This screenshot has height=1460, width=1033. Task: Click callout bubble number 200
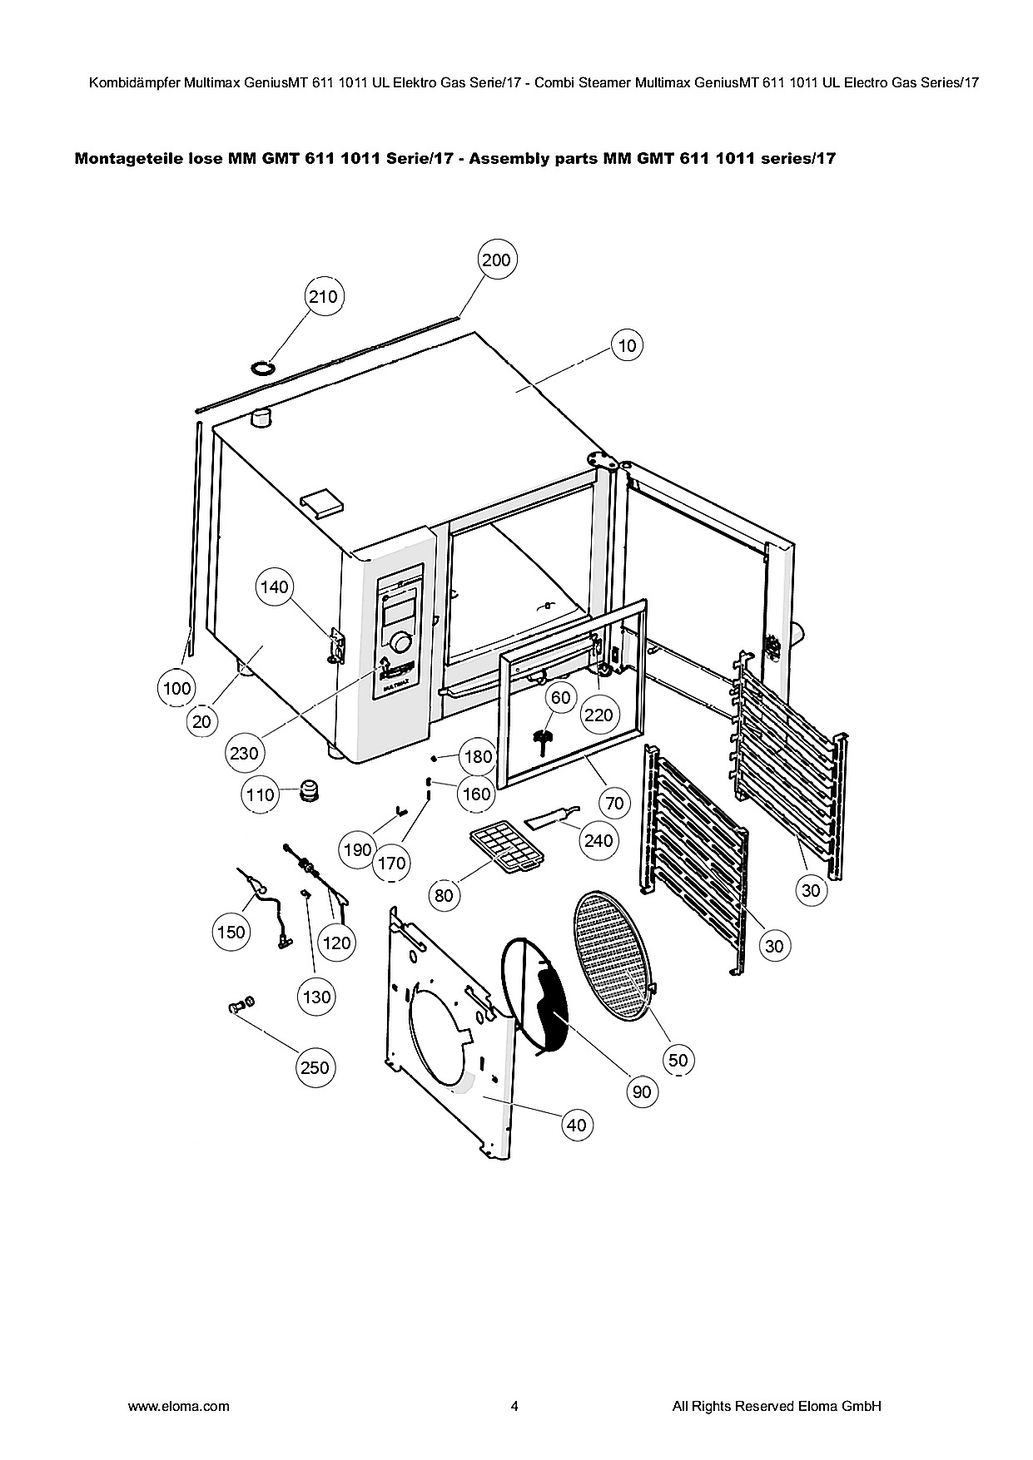(x=496, y=260)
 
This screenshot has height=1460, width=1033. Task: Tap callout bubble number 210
(x=323, y=296)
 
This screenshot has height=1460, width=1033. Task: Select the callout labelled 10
(x=628, y=344)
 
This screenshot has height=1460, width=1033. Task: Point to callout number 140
(x=274, y=587)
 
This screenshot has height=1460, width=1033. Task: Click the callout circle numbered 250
(x=315, y=1067)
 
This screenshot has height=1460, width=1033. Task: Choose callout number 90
(x=642, y=1091)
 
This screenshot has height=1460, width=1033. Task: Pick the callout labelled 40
(x=576, y=1126)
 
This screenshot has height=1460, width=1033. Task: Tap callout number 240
(x=598, y=840)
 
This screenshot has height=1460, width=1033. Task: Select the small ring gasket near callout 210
(x=263, y=367)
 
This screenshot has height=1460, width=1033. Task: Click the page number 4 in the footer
(x=514, y=1406)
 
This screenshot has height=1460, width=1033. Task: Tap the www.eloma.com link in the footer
(x=178, y=1406)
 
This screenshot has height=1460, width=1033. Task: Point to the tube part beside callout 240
(x=550, y=819)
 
